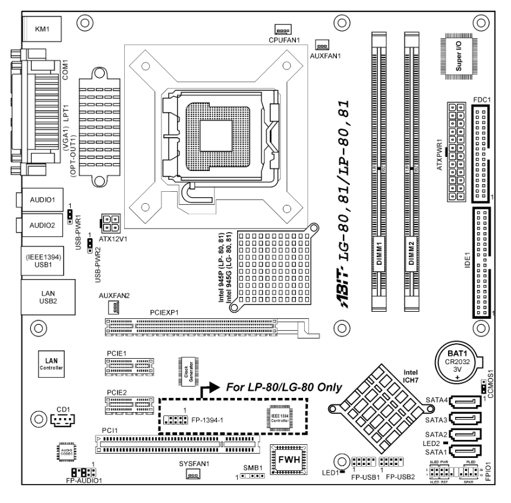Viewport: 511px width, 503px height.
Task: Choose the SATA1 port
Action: (x=466, y=452)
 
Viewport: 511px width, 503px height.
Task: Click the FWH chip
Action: (x=288, y=457)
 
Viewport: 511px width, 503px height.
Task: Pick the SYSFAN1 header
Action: (x=193, y=473)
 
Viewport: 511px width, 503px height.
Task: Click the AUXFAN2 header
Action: (x=113, y=307)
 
